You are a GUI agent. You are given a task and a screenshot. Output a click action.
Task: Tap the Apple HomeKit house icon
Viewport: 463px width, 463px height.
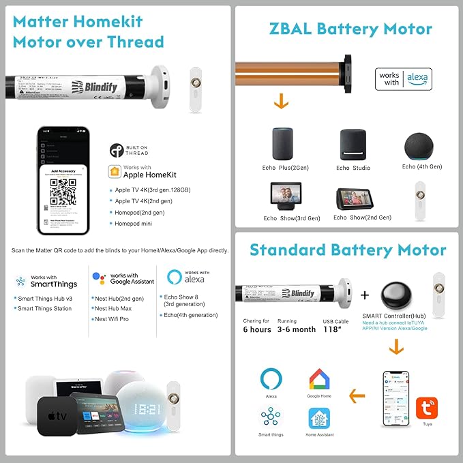(x=113, y=172)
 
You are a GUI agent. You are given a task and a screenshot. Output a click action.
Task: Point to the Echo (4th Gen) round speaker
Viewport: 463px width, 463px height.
(x=421, y=145)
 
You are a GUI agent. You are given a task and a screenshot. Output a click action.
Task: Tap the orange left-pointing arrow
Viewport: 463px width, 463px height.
(x=356, y=395)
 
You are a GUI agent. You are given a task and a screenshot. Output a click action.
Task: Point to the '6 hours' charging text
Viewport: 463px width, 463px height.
(x=257, y=329)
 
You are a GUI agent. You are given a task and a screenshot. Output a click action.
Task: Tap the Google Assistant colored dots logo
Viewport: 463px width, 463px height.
(x=100, y=279)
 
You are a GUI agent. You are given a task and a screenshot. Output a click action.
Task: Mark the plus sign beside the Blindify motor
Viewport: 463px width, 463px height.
(x=365, y=295)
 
